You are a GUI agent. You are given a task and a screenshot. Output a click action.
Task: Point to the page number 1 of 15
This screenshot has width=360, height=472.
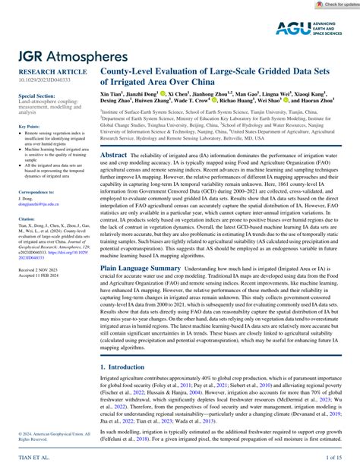click(x=334, y=458)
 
